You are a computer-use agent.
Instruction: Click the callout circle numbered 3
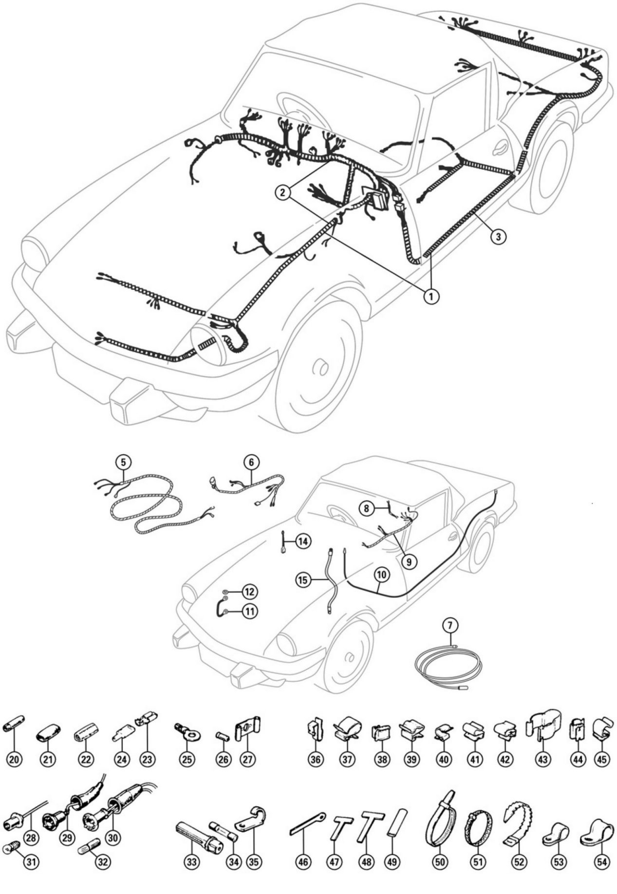(498, 236)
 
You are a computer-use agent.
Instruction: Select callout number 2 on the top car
(282, 191)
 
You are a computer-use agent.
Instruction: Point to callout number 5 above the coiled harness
(123, 461)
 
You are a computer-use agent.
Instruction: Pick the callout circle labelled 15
(303, 580)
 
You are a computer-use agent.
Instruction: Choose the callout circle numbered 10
(381, 575)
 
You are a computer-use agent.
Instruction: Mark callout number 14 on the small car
(303, 541)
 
